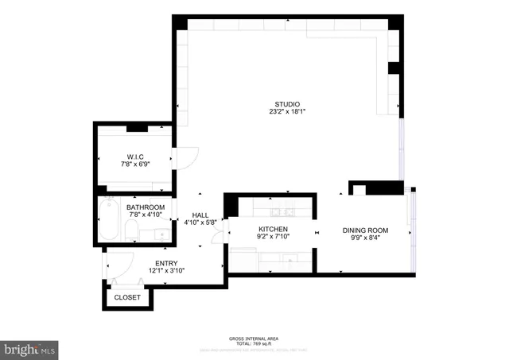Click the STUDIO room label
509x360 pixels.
(286, 104)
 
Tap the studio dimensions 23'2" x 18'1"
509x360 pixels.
(286, 112)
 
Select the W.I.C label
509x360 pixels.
(135, 156)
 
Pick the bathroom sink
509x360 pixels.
(161, 234)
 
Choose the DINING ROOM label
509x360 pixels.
(365, 230)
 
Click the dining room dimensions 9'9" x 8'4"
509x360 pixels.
(365, 238)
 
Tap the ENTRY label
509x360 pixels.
(167, 263)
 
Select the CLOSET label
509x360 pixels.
(127, 297)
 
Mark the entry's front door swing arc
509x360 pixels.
(121, 266)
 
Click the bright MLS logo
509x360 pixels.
(30, 348)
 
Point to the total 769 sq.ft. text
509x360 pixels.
(254, 343)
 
